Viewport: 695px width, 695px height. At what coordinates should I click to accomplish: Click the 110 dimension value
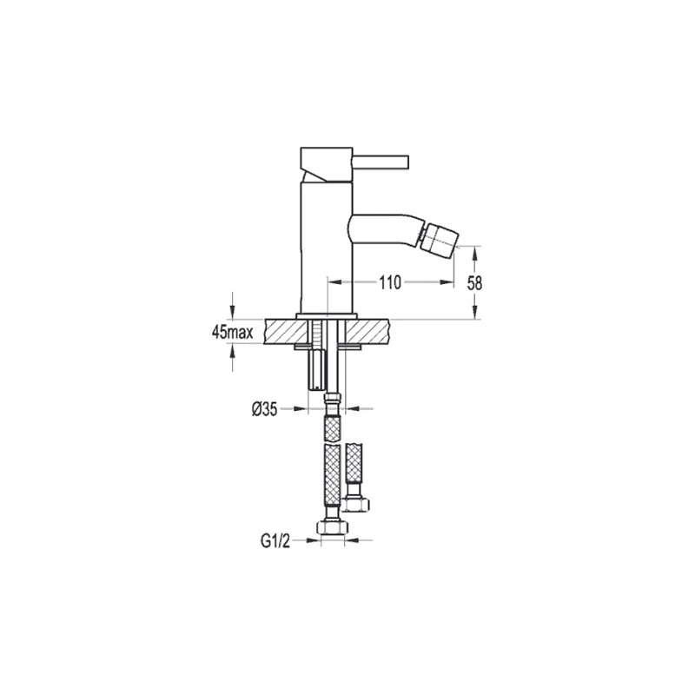point(389,282)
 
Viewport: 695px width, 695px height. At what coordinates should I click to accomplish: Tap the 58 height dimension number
point(474,283)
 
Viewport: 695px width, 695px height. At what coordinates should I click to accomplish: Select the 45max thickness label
point(233,333)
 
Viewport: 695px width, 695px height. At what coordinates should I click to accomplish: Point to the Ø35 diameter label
point(265,410)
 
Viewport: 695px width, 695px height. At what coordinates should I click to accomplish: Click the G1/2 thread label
point(275,541)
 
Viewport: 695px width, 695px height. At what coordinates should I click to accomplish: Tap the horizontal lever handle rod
point(381,161)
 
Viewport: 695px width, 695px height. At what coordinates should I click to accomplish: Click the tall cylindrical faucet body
point(327,247)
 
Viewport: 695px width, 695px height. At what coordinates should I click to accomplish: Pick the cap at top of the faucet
point(327,164)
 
